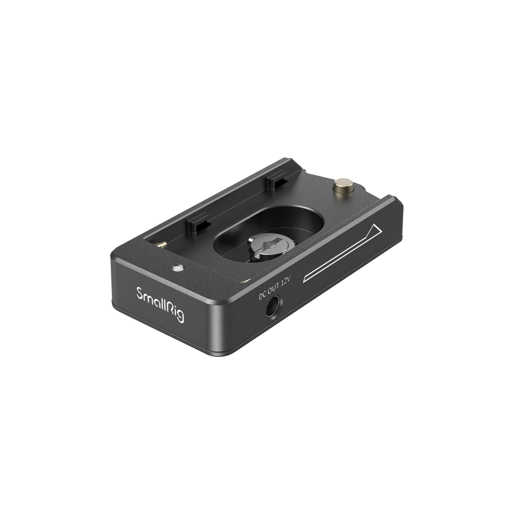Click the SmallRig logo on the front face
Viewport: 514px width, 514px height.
click(x=160, y=304)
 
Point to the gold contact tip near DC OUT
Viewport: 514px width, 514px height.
click(x=246, y=281)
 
